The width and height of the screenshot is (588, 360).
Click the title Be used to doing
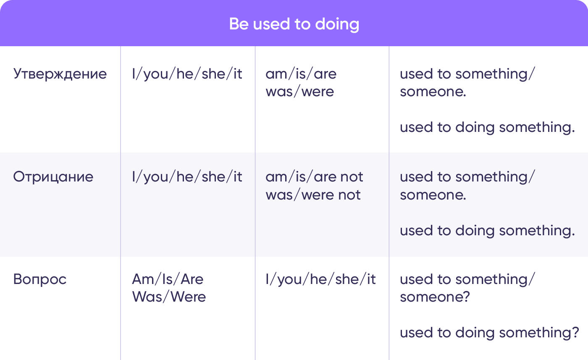point(294,24)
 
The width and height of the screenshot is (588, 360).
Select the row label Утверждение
point(60,74)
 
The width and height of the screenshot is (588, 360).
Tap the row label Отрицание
point(53,177)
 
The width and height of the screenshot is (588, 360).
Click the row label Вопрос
point(40,279)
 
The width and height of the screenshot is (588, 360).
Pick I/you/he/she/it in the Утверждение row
point(187,74)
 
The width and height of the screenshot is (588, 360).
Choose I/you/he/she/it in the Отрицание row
point(187,177)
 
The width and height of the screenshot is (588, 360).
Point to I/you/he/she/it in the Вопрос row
point(320,279)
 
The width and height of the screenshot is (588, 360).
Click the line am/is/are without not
point(301,74)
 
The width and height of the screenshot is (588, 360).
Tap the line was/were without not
point(300,92)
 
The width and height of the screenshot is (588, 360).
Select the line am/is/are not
point(314,177)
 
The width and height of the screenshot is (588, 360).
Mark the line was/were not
point(313,195)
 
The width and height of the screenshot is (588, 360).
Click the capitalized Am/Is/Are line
point(168,279)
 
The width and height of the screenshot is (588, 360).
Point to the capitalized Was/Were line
point(169,297)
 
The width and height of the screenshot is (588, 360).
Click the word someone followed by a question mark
point(435,297)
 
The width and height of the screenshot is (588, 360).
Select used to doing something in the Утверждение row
point(487,128)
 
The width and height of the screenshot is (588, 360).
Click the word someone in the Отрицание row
point(433,195)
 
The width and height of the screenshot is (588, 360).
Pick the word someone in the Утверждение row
point(433,92)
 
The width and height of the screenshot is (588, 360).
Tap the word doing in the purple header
point(337,25)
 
